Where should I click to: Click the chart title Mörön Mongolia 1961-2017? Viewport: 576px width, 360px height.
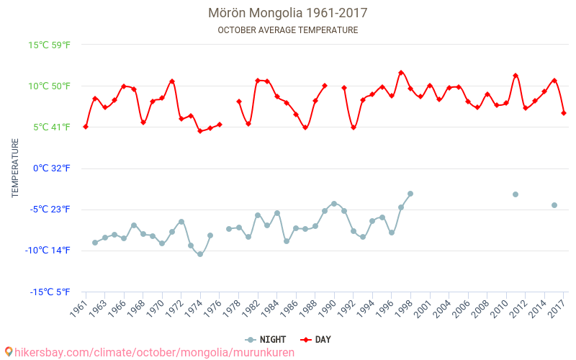[x=287, y=13]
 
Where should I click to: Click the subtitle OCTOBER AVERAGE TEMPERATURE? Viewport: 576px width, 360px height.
[x=287, y=30]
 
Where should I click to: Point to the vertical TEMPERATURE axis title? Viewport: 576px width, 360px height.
[x=15, y=168]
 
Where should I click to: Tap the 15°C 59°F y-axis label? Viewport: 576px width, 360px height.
[x=50, y=45]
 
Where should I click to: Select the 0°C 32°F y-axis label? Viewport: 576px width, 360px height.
[x=50, y=168]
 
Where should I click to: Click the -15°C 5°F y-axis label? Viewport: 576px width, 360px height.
[x=50, y=292]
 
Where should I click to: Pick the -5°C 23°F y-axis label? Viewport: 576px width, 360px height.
[x=50, y=210]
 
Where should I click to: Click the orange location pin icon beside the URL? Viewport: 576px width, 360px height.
[x=9, y=352]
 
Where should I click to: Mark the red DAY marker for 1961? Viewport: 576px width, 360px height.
[x=86, y=127]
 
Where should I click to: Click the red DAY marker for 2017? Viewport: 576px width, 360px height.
[x=564, y=113]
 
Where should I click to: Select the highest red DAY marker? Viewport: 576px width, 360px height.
[x=401, y=73]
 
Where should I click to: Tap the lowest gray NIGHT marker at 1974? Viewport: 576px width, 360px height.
[x=200, y=254]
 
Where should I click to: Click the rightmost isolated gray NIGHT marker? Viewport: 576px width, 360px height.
[x=554, y=205]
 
